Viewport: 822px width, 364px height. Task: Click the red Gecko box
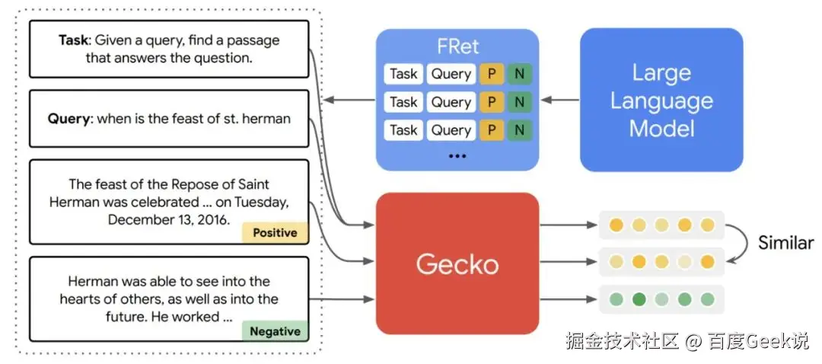[x=457, y=263]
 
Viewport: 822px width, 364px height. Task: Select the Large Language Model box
[x=661, y=100]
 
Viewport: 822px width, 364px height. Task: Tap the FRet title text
[x=457, y=46]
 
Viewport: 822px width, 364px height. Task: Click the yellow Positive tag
[x=275, y=233]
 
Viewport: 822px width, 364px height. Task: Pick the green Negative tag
[x=275, y=331]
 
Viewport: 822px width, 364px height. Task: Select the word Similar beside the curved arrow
[x=785, y=243]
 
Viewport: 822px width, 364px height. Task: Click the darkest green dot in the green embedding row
[x=639, y=299]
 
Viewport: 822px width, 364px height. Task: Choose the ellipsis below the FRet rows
[x=457, y=156]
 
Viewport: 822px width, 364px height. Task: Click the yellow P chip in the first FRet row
[x=491, y=74]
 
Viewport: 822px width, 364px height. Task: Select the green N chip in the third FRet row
[x=520, y=130]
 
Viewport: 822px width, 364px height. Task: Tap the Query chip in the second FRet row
[x=451, y=102]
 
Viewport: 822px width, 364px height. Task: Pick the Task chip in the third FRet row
[x=403, y=130]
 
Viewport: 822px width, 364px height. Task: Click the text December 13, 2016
[x=169, y=219]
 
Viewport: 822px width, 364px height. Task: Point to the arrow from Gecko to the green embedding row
[x=569, y=299]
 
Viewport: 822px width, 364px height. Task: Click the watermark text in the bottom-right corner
[x=687, y=341]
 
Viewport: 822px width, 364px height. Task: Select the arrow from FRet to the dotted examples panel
[x=349, y=100]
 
